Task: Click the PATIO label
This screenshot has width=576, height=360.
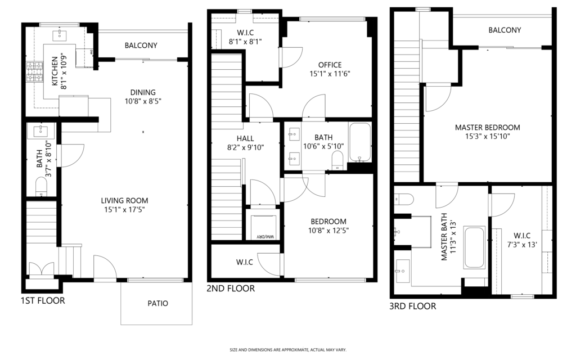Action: click(x=158, y=303)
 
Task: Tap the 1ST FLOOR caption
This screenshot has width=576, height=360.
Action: click(x=43, y=300)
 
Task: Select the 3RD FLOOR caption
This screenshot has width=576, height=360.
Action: click(x=412, y=306)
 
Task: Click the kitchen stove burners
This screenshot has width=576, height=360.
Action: click(x=34, y=72)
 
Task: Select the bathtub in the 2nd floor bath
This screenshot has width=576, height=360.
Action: click(x=360, y=142)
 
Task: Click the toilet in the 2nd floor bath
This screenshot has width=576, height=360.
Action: click(x=337, y=160)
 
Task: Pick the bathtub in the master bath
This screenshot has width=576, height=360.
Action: click(x=474, y=247)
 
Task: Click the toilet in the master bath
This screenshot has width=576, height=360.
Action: click(x=403, y=199)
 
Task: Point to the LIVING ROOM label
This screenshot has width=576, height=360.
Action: click(x=124, y=201)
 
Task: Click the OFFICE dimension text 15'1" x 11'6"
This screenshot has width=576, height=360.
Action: click(x=330, y=74)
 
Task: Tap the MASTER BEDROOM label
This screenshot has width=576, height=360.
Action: click(x=488, y=128)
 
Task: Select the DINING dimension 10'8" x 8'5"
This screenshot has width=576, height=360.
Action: click(x=143, y=101)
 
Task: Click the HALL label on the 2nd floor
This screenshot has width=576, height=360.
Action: click(x=245, y=138)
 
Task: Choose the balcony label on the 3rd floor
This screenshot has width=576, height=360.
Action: click(x=505, y=30)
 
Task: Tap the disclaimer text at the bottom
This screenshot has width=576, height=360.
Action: click(x=287, y=350)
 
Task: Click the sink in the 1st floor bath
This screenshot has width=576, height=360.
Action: click(x=40, y=131)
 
